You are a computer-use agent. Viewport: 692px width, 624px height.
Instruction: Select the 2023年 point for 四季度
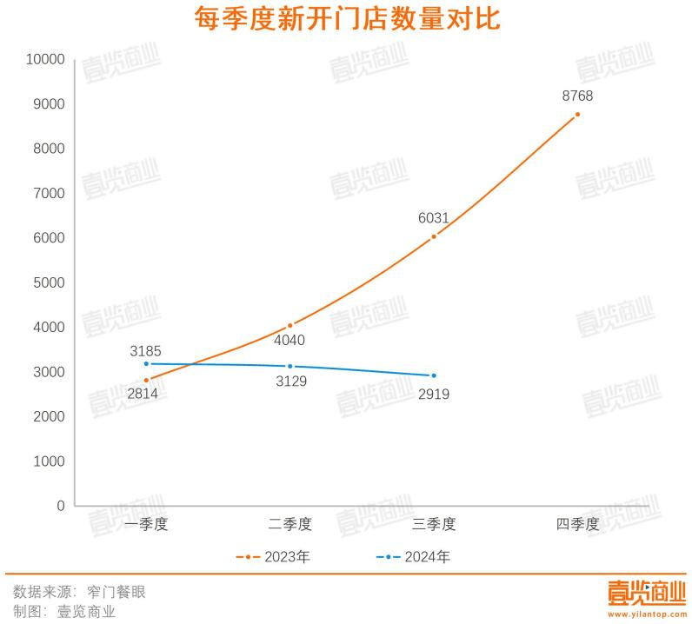(577, 115)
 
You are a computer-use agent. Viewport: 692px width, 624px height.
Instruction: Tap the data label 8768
(577, 96)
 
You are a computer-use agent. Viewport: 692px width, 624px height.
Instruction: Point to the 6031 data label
(434, 218)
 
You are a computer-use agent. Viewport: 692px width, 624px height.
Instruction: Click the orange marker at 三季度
(434, 236)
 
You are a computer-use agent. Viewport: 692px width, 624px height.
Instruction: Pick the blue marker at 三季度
(434, 375)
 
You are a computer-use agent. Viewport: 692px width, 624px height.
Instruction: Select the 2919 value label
(434, 394)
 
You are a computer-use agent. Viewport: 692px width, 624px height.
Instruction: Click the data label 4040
(289, 341)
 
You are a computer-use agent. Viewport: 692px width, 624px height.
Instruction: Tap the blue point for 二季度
(289, 366)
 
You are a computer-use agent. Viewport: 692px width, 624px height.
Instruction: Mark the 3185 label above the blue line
(145, 352)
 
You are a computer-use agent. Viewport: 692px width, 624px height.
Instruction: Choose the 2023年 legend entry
(273, 557)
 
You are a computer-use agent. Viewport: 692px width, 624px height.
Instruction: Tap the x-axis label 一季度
(145, 525)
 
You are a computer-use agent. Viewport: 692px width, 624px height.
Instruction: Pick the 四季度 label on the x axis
(577, 525)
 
